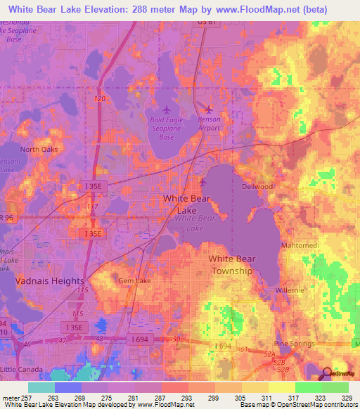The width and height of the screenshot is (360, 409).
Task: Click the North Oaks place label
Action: point(38,149)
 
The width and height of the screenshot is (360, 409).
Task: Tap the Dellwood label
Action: point(257,187)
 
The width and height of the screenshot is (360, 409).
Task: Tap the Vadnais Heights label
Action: point(49,280)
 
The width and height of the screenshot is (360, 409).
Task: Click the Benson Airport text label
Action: point(209,124)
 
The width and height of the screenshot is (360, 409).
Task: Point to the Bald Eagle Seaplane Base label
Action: point(166,129)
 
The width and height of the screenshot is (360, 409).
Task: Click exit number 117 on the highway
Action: point(91,207)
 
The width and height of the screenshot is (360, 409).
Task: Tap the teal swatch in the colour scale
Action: point(41,387)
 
